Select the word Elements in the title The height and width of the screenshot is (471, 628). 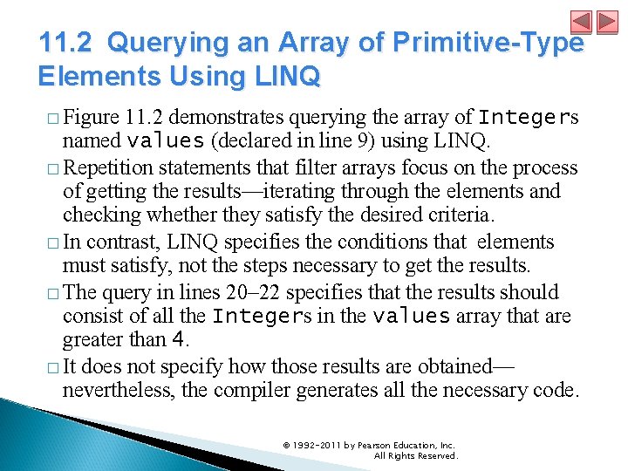tap(87, 77)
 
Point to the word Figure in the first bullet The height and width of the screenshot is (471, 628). tap(92, 117)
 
